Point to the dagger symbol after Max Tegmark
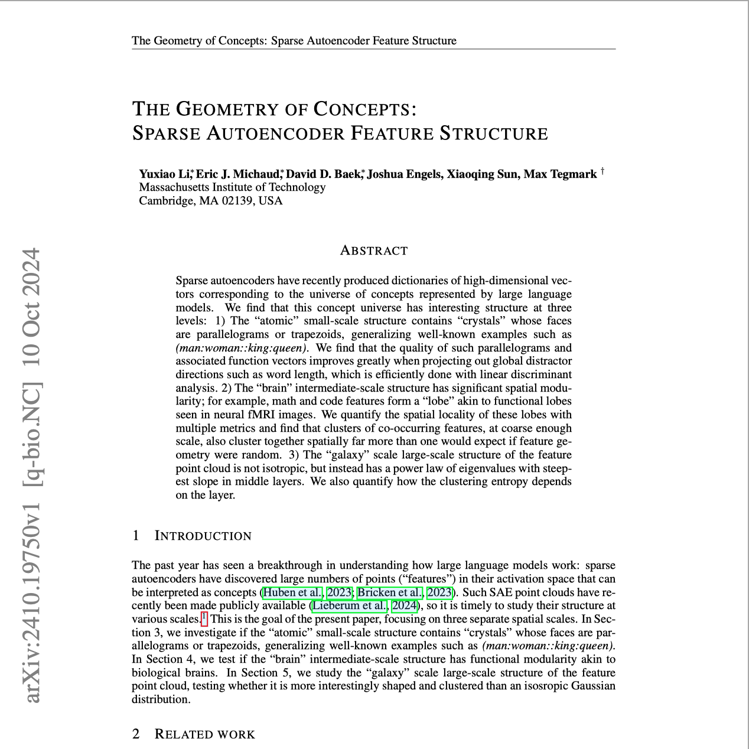[x=603, y=171]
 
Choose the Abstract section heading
[x=374, y=250]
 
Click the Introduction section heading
[x=203, y=536]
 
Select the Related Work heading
[x=204, y=734]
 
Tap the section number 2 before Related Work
[x=136, y=734]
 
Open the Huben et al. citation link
[x=293, y=592]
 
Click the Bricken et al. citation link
[x=390, y=592]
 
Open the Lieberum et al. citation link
[x=350, y=605]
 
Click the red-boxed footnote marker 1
[x=204, y=618]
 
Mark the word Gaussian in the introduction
[x=593, y=686]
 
